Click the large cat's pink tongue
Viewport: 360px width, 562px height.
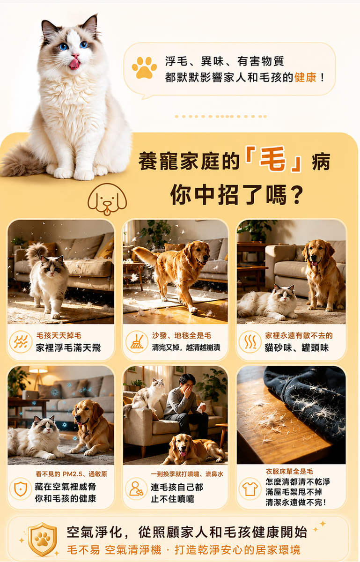(x=75, y=64)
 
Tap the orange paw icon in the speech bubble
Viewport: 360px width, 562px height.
(x=144, y=67)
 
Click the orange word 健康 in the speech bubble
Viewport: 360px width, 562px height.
(x=305, y=78)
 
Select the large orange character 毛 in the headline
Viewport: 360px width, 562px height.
(x=273, y=159)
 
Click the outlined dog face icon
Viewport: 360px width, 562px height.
(x=107, y=199)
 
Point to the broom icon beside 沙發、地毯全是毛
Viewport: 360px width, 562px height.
(x=137, y=342)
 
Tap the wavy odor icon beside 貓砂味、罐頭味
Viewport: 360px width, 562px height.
(x=250, y=342)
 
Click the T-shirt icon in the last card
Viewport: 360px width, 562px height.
(x=250, y=489)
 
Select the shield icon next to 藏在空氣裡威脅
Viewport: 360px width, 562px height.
(x=21, y=488)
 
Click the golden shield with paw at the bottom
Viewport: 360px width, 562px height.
(x=42, y=539)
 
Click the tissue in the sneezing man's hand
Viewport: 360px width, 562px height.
(x=201, y=407)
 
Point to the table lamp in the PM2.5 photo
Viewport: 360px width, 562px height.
(x=38, y=377)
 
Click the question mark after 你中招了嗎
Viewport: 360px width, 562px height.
(x=297, y=195)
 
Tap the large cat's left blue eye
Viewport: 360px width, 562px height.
(x=63, y=46)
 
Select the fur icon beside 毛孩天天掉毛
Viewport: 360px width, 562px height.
(x=21, y=342)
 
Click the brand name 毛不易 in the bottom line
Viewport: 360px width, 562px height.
(x=83, y=550)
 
